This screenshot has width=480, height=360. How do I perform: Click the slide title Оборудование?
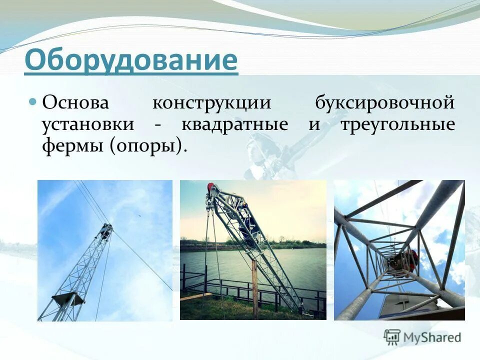point(130,60)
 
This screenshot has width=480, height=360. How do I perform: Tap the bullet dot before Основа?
point(33,102)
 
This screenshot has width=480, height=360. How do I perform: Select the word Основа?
point(75,103)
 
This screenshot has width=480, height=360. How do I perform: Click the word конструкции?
point(211,103)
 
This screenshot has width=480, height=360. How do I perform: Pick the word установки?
point(88,124)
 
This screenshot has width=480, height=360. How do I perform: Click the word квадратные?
point(234,125)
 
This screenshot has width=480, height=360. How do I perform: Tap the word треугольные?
point(397,125)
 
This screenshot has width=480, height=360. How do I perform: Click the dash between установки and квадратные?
point(157,125)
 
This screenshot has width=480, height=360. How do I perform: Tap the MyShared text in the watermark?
point(432,337)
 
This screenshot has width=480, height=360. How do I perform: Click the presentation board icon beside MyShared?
point(392,337)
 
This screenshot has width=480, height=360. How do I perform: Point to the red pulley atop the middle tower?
point(212,189)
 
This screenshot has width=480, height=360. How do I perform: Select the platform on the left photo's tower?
point(68,299)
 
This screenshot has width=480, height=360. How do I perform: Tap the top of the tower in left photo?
point(106,228)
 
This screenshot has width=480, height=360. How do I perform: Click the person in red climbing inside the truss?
point(410,260)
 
